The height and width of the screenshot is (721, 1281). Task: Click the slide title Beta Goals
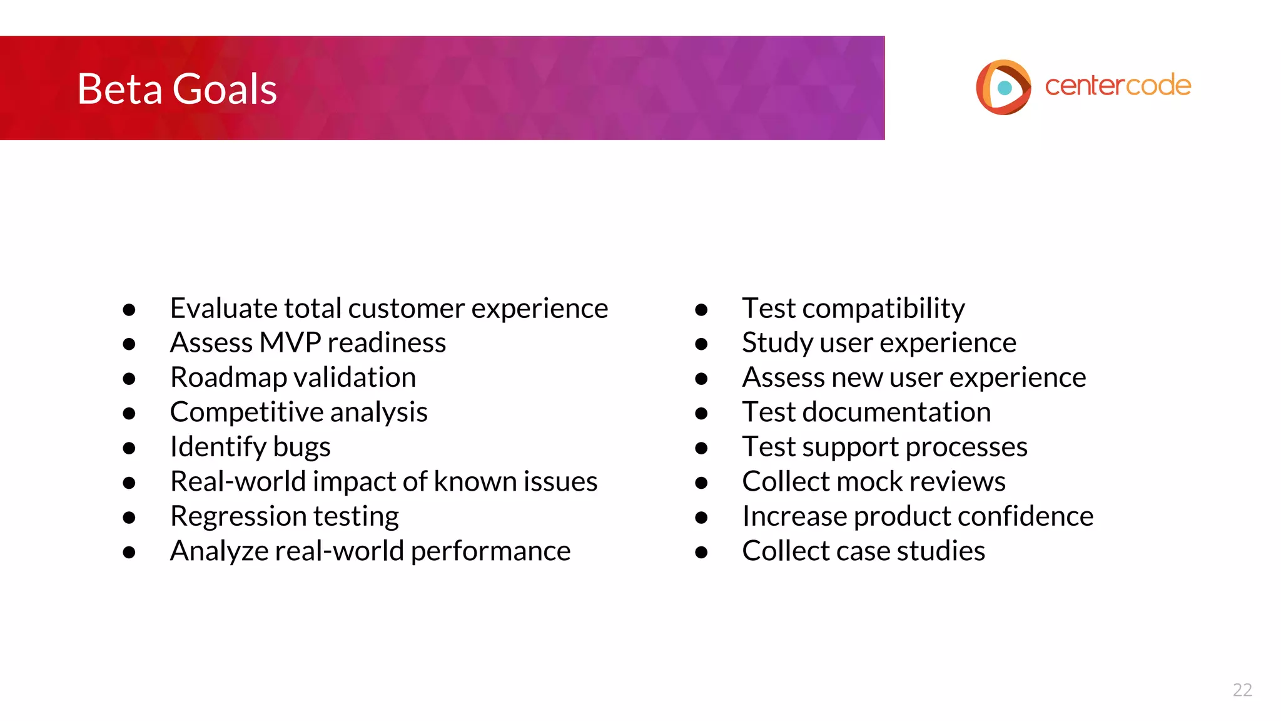pos(177,89)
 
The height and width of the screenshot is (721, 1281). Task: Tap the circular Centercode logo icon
pos(1003,87)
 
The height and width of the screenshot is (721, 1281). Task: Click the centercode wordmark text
pos(1118,86)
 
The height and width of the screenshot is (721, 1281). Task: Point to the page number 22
pos(1242,690)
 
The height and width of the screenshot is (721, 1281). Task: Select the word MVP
pos(290,343)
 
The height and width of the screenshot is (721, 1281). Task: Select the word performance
pos(490,551)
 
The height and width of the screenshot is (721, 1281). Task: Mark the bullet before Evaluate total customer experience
pos(129,310)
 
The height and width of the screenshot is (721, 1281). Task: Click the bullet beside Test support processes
pos(701,448)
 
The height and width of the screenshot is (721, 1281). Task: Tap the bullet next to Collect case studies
pos(701,552)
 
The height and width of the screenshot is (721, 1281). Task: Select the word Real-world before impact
pos(238,482)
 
